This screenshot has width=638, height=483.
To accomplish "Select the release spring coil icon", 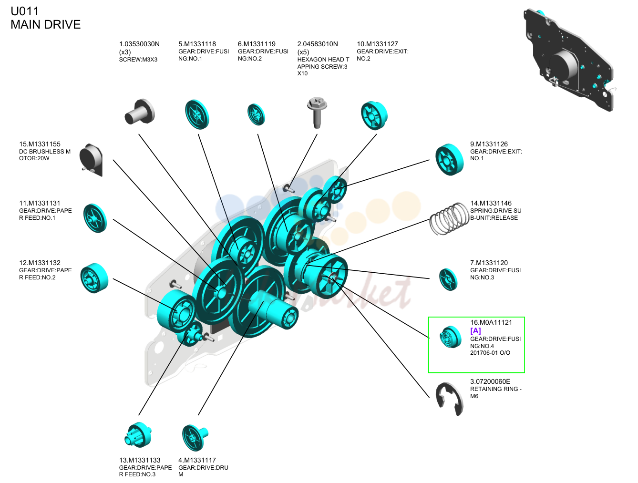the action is click(449, 218).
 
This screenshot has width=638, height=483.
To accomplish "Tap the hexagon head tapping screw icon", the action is click(317, 112).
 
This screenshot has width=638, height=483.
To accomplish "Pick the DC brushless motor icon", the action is click(91, 160).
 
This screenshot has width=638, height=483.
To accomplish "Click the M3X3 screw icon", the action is click(140, 112).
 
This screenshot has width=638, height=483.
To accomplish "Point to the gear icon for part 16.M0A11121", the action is click(451, 337).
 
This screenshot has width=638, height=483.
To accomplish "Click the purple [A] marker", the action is click(475, 331).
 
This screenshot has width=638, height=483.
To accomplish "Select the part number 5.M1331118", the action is click(197, 44).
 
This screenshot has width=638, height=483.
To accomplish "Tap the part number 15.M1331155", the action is click(40, 144).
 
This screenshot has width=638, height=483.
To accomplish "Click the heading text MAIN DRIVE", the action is click(46, 24).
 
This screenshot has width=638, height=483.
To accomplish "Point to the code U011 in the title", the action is click(25, 11).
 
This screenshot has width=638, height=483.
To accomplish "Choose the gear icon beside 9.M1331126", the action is click(449, 159).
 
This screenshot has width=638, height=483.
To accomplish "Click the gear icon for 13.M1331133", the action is click(138, 435).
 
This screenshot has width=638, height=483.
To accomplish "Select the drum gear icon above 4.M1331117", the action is click(195, 437).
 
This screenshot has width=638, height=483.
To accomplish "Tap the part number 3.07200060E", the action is click(490, 381).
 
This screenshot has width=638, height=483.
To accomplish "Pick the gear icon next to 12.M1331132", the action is click(94, 278).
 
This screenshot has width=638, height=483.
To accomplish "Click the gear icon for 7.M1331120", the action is click(448, 279).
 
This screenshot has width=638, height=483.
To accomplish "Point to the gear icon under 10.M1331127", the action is click(374, 115).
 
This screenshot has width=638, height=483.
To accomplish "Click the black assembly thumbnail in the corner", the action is click(569, 60).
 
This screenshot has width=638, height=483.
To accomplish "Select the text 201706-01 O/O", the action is click(490, 353).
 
